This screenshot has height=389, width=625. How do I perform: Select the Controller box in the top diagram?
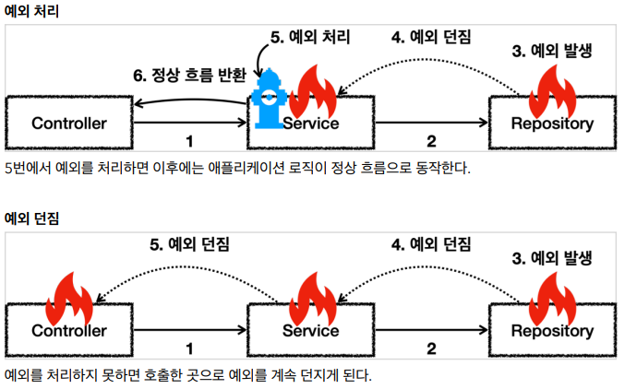69,123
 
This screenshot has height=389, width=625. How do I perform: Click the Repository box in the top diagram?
552,123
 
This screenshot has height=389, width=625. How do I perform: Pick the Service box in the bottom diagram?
311,330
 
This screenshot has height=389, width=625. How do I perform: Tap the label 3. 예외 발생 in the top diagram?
551,51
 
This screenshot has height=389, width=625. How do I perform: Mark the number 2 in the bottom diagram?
431,349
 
